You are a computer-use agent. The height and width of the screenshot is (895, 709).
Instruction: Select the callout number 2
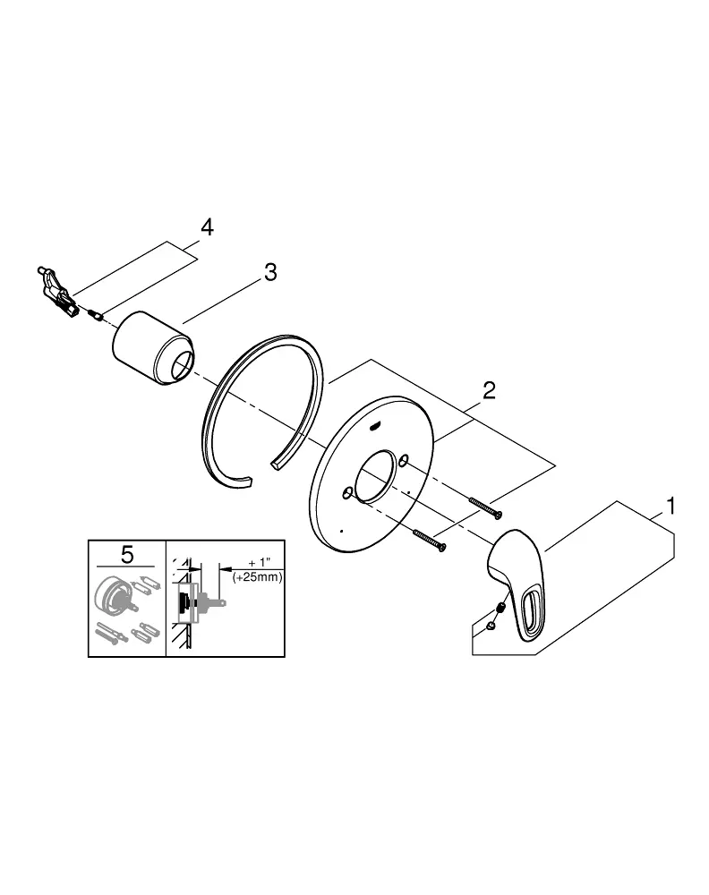489,390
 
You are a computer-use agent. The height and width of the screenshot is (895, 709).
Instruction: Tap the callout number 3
270,272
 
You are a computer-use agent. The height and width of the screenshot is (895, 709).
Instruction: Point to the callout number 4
207,226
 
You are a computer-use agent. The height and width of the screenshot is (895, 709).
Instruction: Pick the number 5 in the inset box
127,554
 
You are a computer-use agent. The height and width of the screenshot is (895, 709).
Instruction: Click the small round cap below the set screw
491,627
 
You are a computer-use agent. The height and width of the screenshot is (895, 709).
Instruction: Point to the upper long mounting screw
486,508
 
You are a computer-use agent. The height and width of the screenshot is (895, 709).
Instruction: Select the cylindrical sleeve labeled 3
152,349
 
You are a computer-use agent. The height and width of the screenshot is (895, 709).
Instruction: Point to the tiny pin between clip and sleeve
94,314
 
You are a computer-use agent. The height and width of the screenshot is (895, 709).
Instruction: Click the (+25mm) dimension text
258,577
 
